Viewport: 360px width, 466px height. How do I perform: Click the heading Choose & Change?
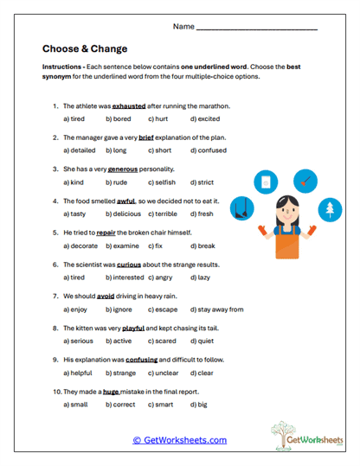(85, 49)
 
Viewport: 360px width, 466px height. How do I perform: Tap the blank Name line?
(257, 27)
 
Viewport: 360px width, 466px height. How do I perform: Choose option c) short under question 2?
(159, 151)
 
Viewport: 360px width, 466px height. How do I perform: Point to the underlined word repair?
(106, 232)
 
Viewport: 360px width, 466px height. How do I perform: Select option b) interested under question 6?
(125, 278)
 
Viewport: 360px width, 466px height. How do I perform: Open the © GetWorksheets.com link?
(179, 440)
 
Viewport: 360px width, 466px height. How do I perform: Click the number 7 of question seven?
(55, 295)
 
